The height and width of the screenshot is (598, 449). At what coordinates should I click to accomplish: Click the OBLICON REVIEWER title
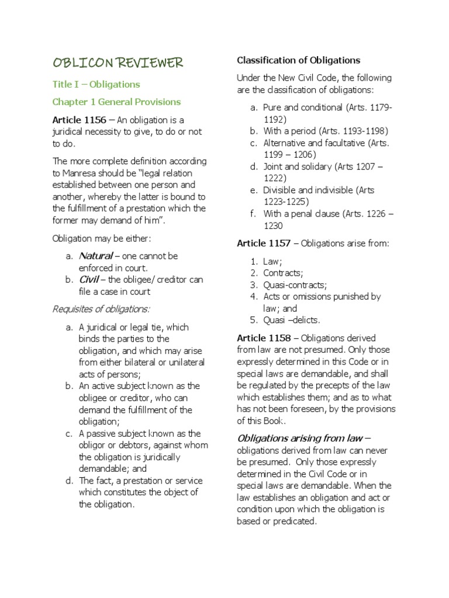tap(118, 62)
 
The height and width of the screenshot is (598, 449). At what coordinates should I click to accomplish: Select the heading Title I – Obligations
tap(96, 84)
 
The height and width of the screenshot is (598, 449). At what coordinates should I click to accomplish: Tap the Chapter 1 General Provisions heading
tap(116, 102)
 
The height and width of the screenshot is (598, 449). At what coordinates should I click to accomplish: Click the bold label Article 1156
tap(80, 120)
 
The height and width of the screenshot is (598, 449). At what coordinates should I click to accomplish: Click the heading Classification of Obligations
tap(298, 60)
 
